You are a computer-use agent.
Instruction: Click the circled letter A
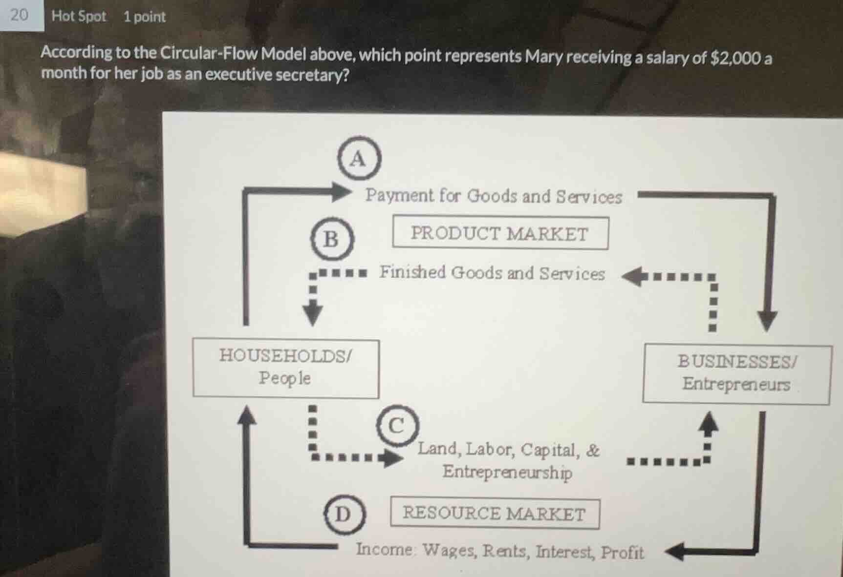[359, 159]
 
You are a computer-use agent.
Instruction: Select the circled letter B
[332, 239]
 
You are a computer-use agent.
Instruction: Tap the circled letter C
[397, 425]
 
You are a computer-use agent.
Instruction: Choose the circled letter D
[344, 514]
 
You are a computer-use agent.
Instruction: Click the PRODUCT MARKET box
[500, 233]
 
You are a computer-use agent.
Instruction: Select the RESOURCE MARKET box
[494, 513]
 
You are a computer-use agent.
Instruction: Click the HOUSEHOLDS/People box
[285, 368]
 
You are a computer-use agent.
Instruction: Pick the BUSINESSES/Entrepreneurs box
[736, 373]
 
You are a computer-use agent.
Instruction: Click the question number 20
[19, 15]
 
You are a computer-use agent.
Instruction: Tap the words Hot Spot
[79, 16]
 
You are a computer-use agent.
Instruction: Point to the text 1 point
[145, 17]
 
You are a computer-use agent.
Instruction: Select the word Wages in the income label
[449, 550]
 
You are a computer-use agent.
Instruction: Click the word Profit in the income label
[622, 552]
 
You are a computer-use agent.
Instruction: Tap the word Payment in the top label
[399, 195]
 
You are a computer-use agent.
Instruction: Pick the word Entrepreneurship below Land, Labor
[507, 472]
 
